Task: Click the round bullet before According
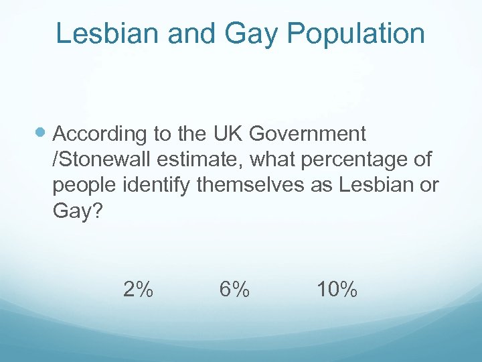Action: pyautogui.click(x=42, y=133)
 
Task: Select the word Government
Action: pyautogui.click(x=307, y=134)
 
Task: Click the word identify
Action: pyautogui.click(x=157, y=186)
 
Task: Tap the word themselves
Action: pyautogui.click(x=250, y=186)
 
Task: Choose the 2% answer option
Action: pyautogui.click(x=138, y=290)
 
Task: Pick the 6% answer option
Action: pyautogui.click(x=234, y=290)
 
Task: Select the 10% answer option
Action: pyautogui.click(x=337, y=290)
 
